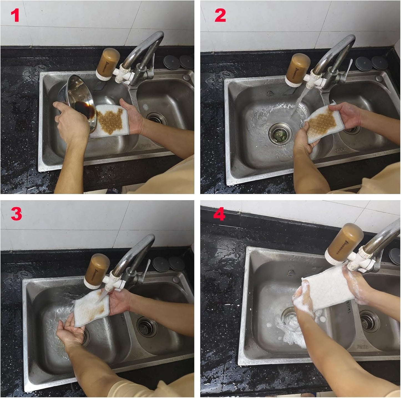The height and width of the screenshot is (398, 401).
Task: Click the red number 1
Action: tap(15, 16)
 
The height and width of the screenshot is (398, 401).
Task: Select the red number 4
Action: tap(219, 215)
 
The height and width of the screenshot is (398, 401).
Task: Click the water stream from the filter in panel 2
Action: tap(298, 103)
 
